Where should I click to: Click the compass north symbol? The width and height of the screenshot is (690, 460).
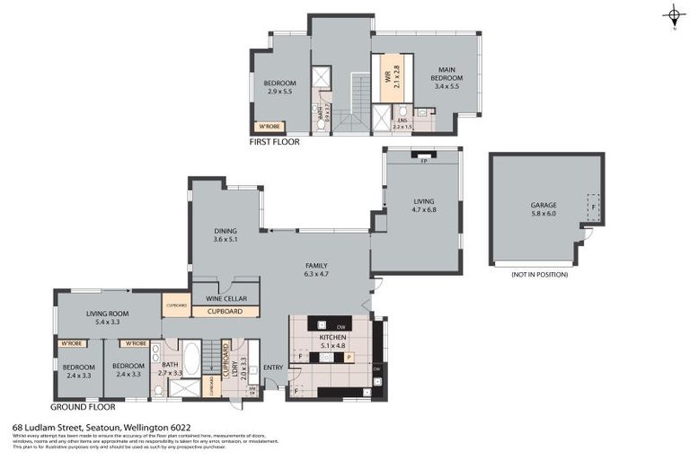(x=673, y=15)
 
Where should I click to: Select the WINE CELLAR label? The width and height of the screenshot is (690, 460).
(x=225, y=298)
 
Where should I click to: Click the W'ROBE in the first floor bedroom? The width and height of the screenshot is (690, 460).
(x=270, y=126)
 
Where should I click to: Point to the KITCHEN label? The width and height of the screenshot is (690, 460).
(x=332, y=341)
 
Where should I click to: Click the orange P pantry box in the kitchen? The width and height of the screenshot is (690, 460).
(x=349, y=358)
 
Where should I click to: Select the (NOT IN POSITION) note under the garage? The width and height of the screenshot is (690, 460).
(x=539, y=275)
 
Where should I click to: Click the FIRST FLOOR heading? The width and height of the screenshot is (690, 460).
(x=275, y=142)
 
